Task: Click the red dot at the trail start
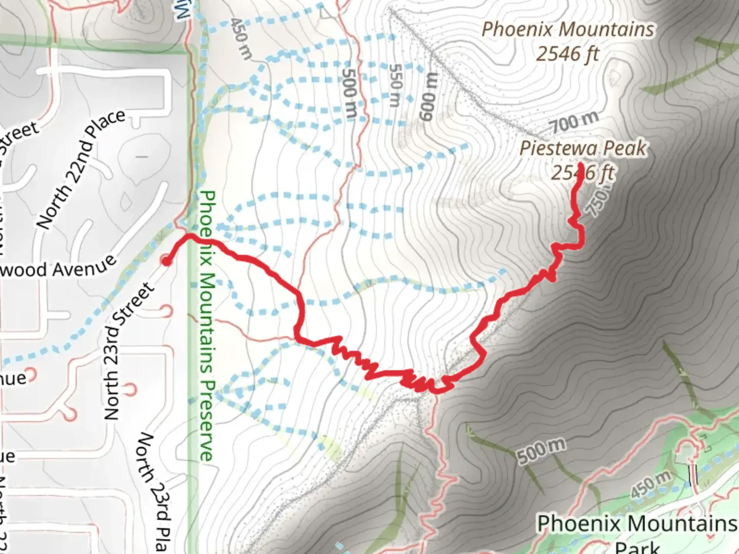pos(166,261)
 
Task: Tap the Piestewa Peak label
pos(583,148)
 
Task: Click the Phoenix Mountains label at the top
pos(568,29)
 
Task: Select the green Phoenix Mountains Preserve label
pos(206,326)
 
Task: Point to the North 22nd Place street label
pos(81,169)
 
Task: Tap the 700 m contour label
pos(574,122)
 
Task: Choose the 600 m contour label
pos(429,97)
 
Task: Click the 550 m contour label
pos(395,85)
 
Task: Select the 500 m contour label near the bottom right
pos(541,450)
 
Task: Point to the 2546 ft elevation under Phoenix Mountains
pos(568,53)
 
